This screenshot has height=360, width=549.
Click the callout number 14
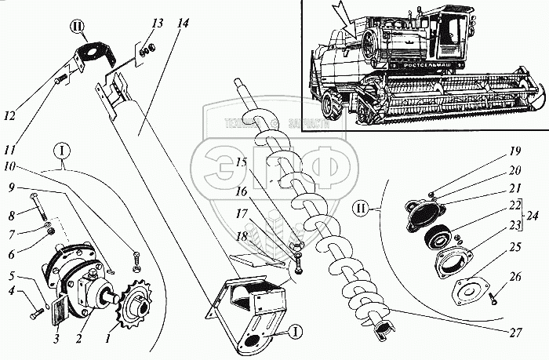tap(183, 23)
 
